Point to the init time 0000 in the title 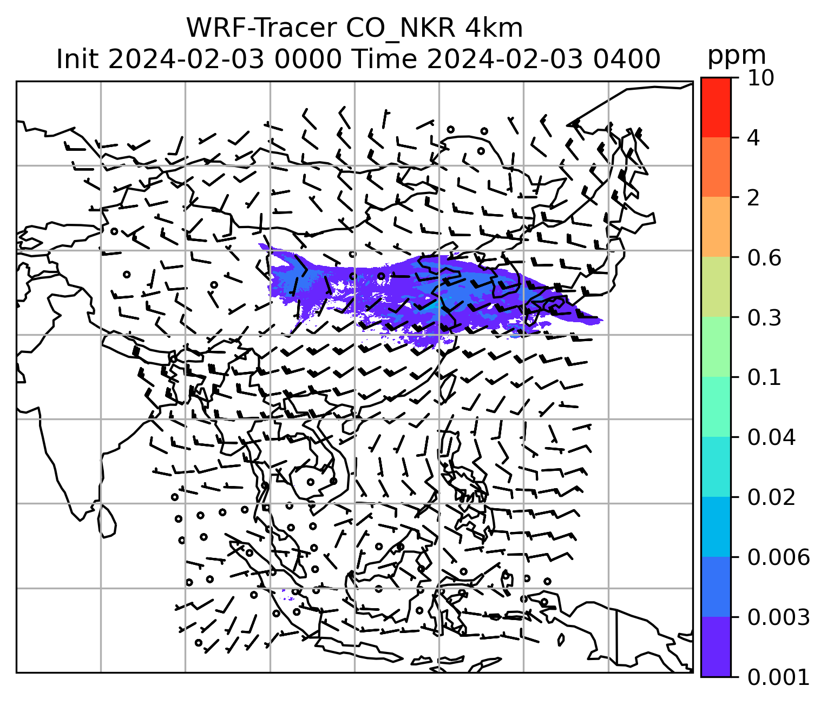point(307,58)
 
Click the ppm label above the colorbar point(737,56)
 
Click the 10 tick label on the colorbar point(760,78)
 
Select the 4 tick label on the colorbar point(753,138)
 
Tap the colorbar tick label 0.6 point(764,258)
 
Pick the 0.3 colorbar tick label point(764,318)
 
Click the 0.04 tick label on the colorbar point(771,437)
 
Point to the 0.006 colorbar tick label point(778,557)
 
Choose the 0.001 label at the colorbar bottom point(778,677)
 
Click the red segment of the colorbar point(716,107)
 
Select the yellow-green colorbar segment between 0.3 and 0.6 point(716,288)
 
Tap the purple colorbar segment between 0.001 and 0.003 point(716,647)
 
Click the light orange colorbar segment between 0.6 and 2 point(716,228)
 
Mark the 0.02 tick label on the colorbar point(771,497)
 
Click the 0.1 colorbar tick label point(764,377)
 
